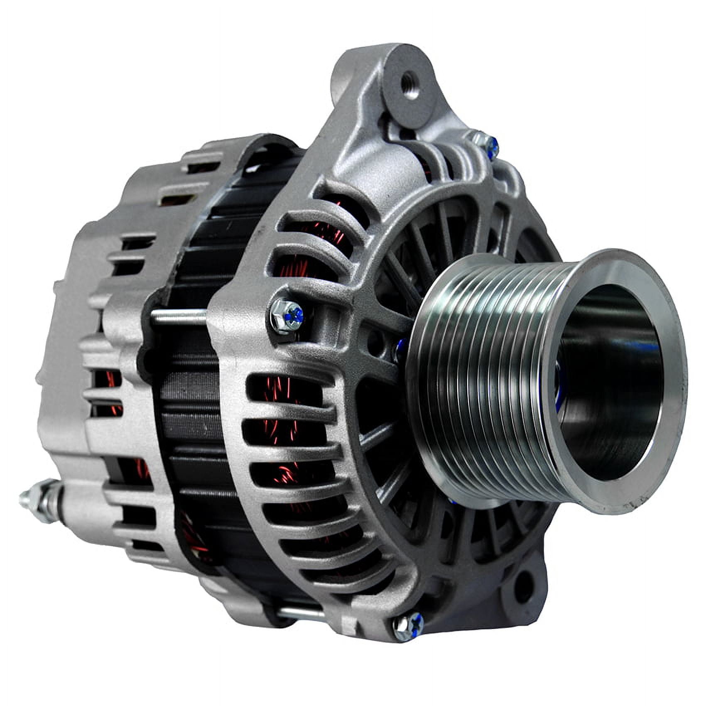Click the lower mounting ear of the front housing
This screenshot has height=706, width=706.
(521, 579)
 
